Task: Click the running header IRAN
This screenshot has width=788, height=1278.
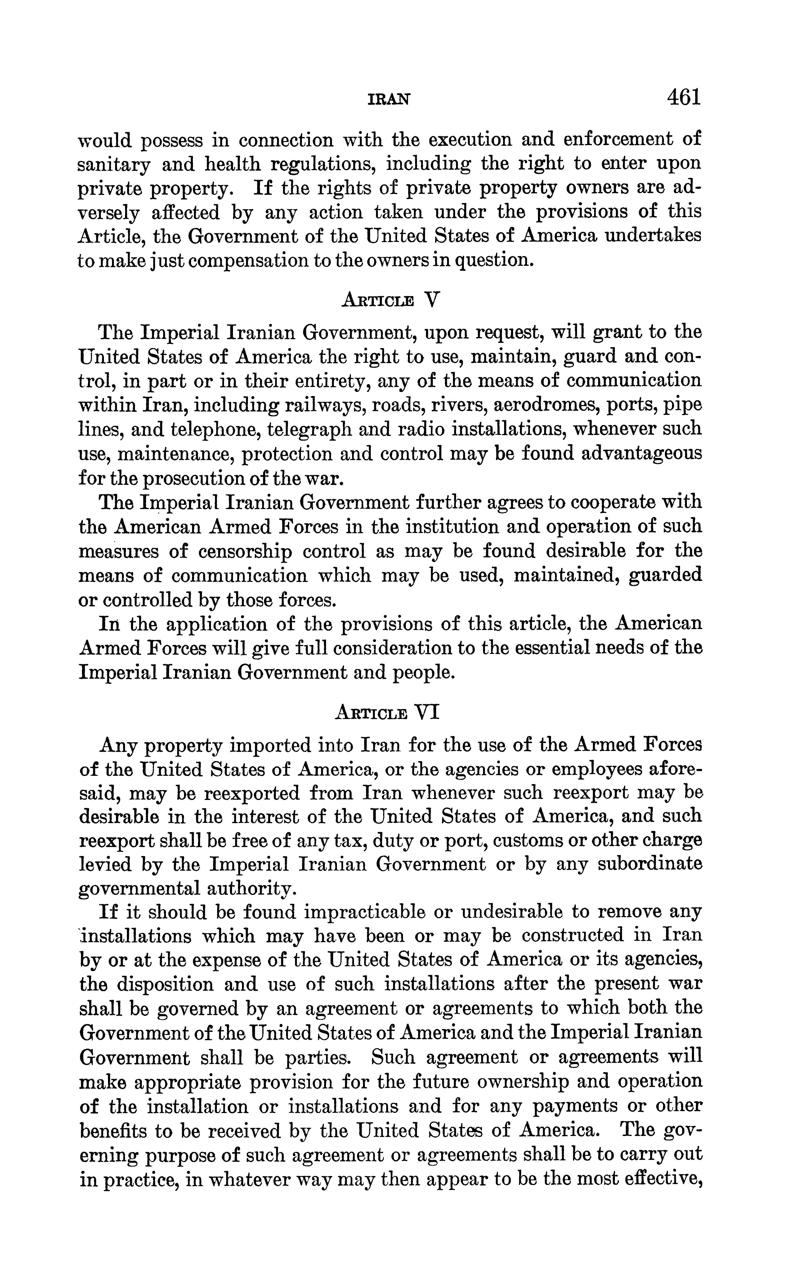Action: point(389,99)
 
